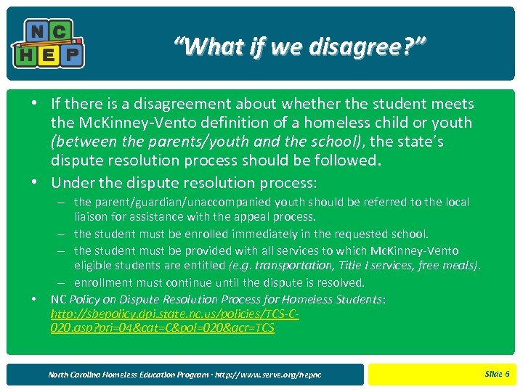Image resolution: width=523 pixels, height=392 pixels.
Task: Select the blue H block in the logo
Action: tap(26, 53)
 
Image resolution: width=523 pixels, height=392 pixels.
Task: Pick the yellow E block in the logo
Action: tap(49, 53)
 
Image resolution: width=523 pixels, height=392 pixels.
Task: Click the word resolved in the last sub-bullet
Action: tap(338, 282)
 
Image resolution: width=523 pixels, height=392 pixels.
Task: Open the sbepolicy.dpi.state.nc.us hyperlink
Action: tap(174, 321)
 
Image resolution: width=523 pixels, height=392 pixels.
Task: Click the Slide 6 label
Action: tap(497, 374)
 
